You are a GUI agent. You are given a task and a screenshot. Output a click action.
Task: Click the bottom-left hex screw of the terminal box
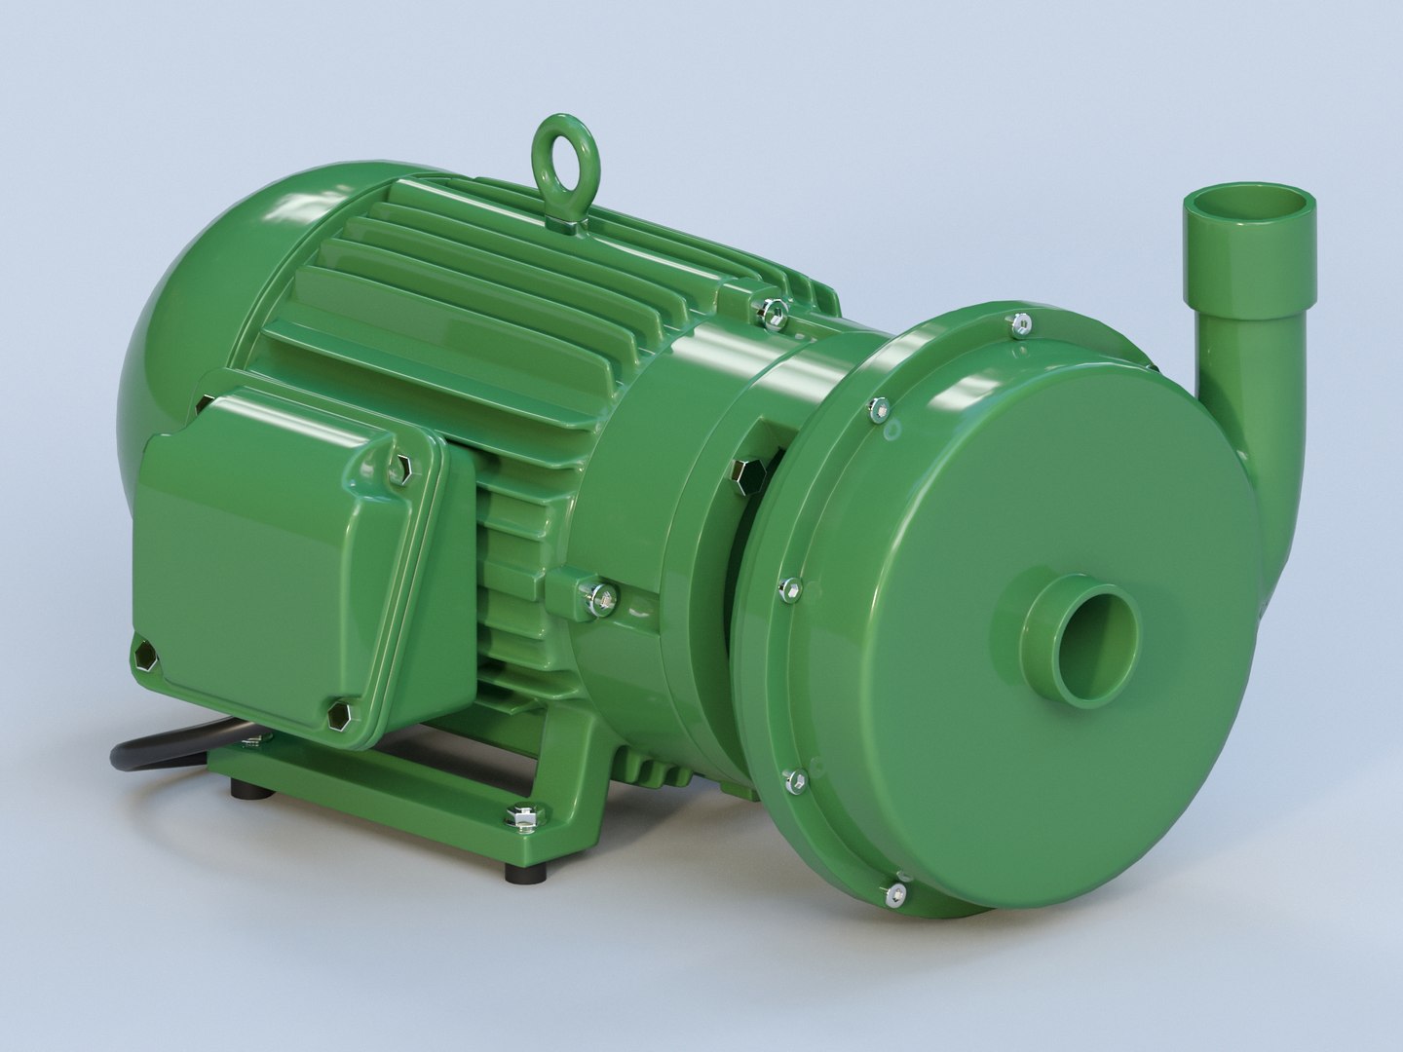(146, 657)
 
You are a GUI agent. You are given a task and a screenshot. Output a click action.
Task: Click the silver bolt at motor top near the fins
(773, 313)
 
